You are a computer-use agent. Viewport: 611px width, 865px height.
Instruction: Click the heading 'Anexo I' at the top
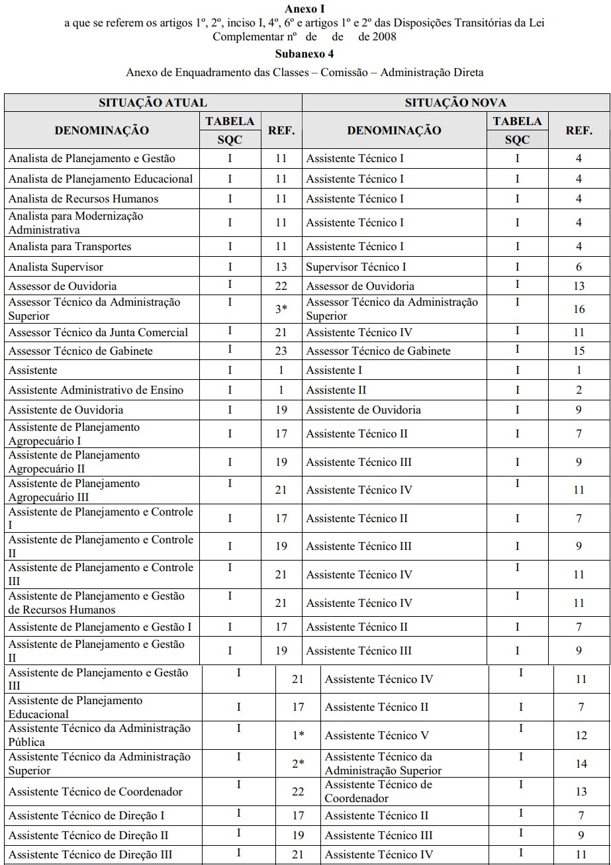pos(305,9)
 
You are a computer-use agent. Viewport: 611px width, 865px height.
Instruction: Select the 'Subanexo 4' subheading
pos(305,54)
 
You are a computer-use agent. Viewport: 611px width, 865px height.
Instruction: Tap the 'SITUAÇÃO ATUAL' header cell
pos(153,103)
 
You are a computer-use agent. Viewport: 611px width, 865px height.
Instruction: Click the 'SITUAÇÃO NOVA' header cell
pos(455,103)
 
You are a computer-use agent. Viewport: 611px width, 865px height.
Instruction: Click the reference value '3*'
pos(281,308)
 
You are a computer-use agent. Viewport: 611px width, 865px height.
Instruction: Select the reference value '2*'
pos(299,764)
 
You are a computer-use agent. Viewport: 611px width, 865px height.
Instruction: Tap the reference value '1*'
pos(299,735)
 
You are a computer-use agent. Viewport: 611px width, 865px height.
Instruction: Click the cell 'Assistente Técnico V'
pos(377,735)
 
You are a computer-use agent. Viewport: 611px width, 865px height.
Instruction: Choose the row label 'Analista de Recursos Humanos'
pos(83,199)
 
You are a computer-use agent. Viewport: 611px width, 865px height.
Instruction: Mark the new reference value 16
pos(579,309)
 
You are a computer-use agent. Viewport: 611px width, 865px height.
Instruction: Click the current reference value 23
pos(281,351)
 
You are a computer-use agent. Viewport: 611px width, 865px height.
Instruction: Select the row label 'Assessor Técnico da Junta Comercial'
pos(98,332)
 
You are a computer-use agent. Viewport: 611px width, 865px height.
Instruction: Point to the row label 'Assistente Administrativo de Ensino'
pos(96,390)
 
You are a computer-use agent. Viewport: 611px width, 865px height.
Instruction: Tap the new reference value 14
pos(581,764)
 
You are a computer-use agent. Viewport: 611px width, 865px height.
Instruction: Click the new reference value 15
pos(579,351)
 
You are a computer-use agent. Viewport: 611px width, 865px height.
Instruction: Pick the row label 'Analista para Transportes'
pos(70,246)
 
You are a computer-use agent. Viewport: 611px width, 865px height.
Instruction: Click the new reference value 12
pos(581,735)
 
